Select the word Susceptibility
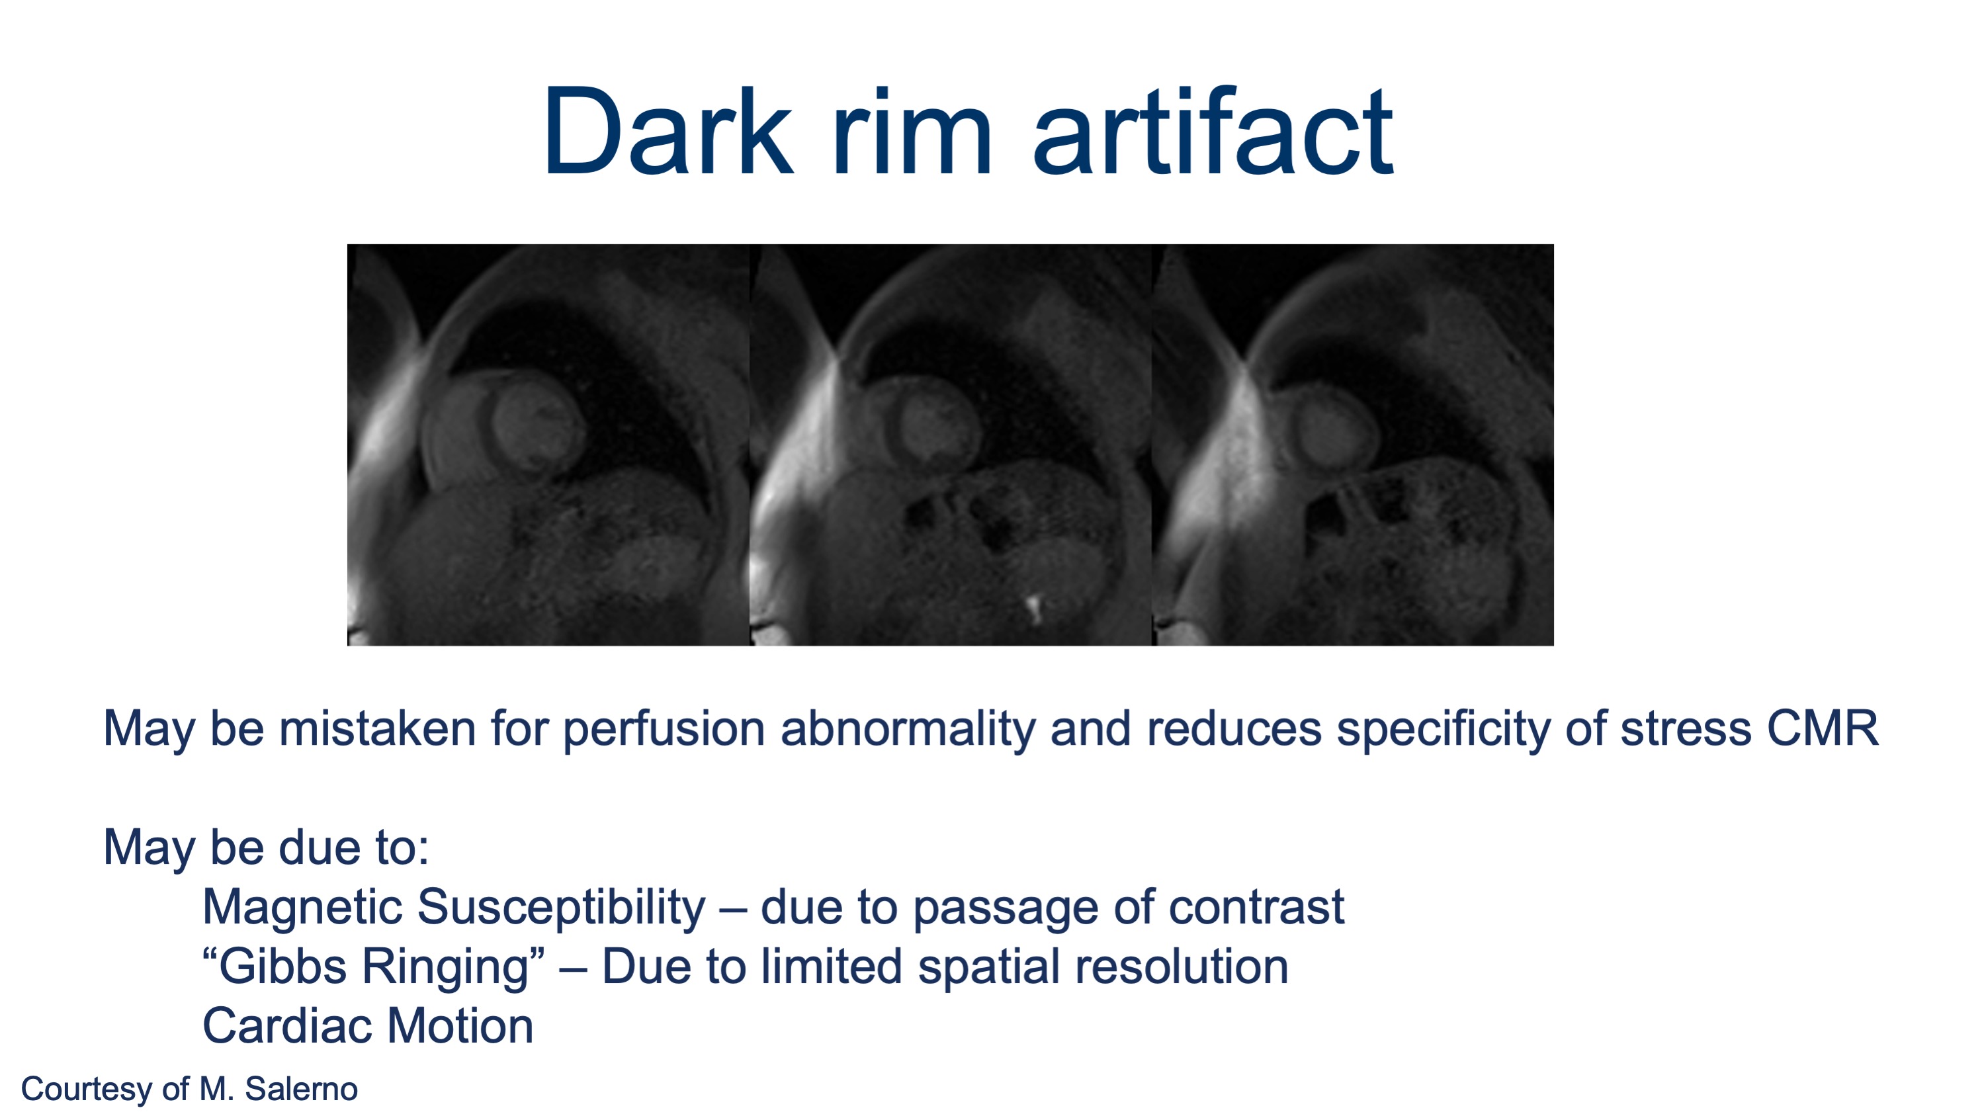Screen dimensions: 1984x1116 point(562,907)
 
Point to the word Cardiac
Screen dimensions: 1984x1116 point(286,1026)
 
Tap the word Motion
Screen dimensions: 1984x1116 point(460,1026)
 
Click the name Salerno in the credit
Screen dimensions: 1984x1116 point(301,1089)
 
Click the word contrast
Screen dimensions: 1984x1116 point(1257,907)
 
